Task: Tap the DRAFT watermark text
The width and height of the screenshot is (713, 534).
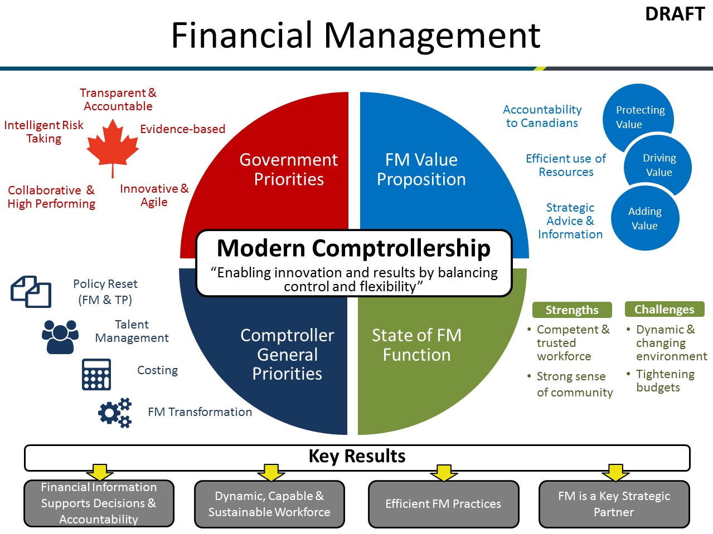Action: (x=675, y=14)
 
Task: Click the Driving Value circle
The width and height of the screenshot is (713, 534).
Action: (x=658, y=165)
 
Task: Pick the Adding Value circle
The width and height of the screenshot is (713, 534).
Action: (x=645, y=218)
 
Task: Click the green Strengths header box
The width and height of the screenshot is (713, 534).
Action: (x=572, y=310)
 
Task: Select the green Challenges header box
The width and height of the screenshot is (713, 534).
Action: (x=664, y=309)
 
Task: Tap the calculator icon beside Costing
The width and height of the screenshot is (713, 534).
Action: (x=96, y=374)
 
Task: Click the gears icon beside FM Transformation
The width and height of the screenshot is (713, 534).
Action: (x=115, y=413)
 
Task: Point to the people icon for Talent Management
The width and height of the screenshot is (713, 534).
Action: (x=60, y=336)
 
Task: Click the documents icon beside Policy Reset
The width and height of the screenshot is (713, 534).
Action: (x=31, y=291)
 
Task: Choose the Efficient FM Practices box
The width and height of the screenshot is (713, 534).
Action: (x=443, y=504)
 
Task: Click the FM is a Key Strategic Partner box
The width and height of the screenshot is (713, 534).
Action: (x=614, y=504)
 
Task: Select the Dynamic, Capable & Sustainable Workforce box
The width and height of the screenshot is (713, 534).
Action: (x=269, y=504)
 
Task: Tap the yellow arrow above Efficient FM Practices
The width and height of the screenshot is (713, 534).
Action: (x=444, y=473)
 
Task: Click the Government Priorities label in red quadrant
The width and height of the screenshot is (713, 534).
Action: (x=289, y=169)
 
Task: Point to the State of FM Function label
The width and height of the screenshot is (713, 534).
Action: (x=416, y=345)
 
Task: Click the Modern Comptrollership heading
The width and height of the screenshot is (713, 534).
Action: (x=353, y=248)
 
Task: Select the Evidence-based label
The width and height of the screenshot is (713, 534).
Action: (x=183, y=129)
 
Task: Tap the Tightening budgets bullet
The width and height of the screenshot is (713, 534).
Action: (x=665, y=381)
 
